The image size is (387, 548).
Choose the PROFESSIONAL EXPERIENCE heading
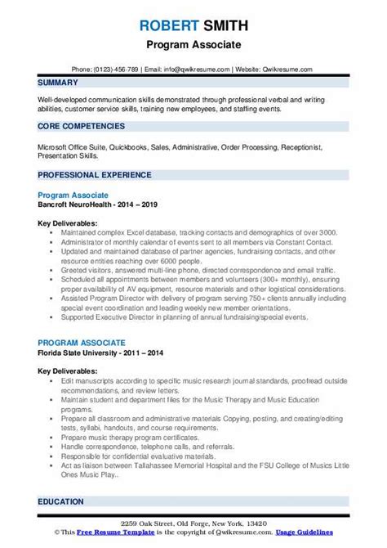(x=95, y=175)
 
